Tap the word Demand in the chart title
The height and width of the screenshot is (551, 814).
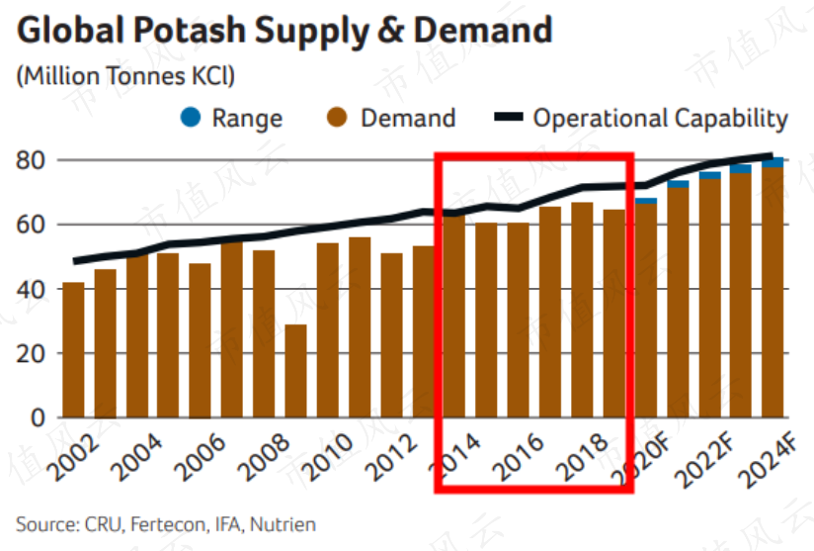(x=483, y=30)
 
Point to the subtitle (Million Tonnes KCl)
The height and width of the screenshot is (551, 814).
(x=125, y=76)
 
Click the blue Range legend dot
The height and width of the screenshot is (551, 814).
(x=191, y=117)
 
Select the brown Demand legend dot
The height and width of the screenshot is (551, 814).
(x=337, y=117)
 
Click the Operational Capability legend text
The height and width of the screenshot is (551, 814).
(x=661, y=118)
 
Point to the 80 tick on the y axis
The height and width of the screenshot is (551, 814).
(x=30, y=160)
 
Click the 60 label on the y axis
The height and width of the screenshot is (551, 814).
(x=30, y=226)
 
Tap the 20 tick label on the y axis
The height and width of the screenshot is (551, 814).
(x=30, y=354)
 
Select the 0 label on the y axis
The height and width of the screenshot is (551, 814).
(x=38, y=417)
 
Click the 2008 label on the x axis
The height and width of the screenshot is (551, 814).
(x=264, y=456)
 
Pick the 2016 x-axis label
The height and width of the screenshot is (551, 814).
(x=518, y=456)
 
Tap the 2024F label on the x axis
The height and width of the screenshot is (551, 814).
(x=769, y=460)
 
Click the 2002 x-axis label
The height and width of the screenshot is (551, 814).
(x=73, y=456)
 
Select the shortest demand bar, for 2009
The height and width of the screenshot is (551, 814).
(x=296, y=371)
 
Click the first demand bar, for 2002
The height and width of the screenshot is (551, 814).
(x=73, y=350)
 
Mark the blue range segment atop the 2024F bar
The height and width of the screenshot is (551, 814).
(x=773, y=162)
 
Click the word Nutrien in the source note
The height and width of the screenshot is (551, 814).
(x=283, y=524)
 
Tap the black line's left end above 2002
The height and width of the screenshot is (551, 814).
(x=75, y=261)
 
